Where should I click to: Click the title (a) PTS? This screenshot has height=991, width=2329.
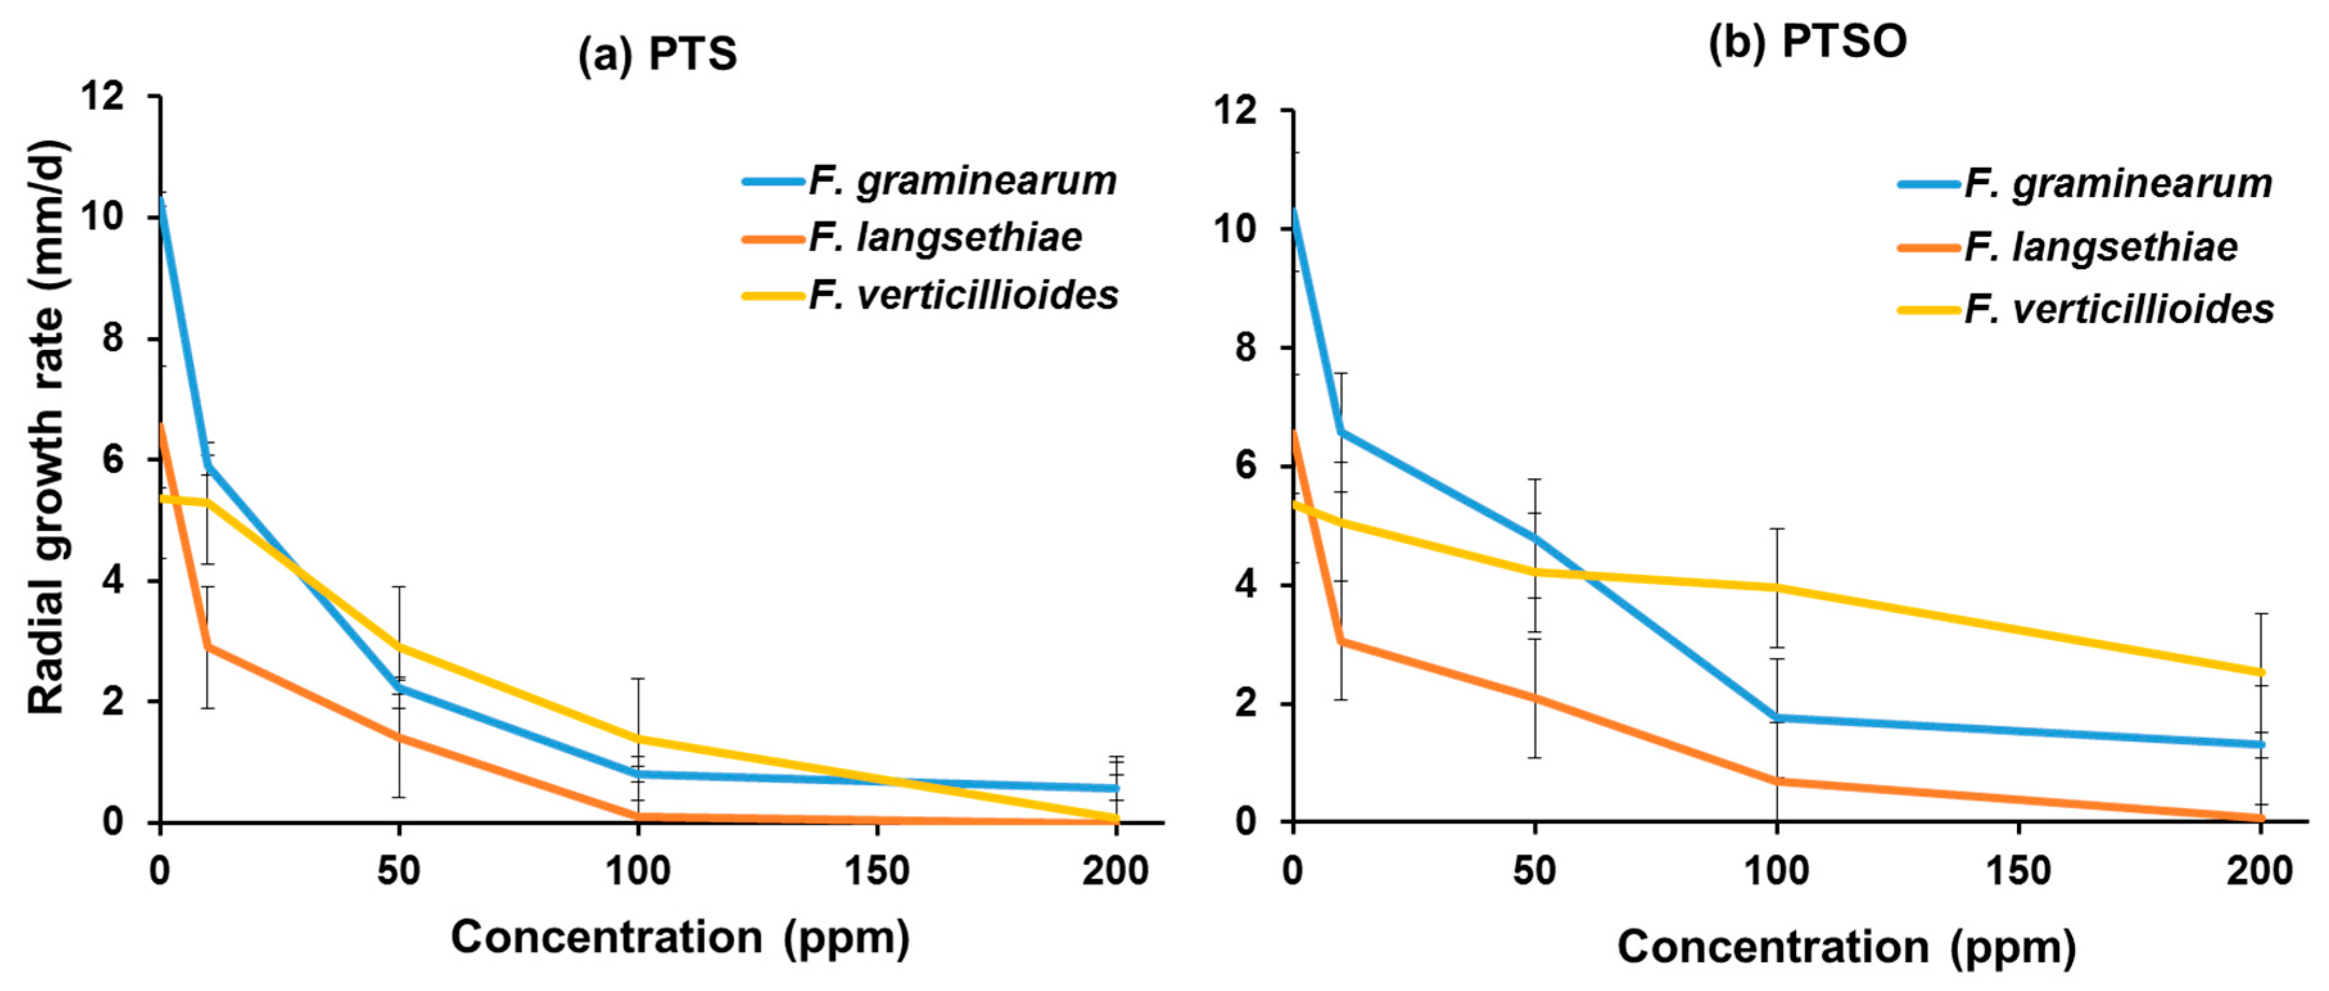657,55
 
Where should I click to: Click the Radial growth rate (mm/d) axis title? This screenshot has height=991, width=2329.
47,427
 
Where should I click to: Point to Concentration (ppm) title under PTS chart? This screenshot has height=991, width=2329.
680,938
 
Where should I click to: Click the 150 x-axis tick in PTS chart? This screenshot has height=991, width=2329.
876,871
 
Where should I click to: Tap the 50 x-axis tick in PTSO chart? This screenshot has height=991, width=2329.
1534,871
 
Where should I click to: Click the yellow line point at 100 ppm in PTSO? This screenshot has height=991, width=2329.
1776,588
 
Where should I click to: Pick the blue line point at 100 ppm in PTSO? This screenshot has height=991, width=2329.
1776,718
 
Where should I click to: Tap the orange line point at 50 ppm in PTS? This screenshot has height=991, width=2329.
399,737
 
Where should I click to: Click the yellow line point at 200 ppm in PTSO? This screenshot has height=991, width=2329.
2260,673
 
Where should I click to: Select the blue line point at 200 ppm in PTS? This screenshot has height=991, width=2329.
1116,788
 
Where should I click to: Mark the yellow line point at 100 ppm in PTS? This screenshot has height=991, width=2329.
638,739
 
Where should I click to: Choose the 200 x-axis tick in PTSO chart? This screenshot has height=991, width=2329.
2260,871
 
